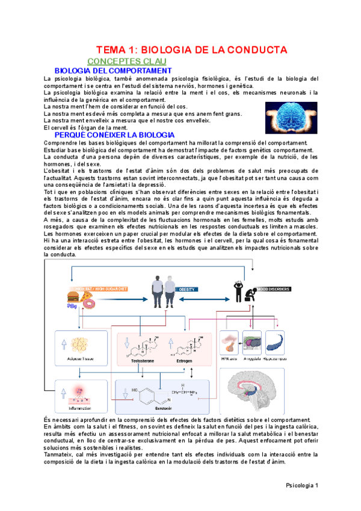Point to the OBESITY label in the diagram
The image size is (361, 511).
[188, 289]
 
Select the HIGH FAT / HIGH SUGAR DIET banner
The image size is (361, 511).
[96, 289]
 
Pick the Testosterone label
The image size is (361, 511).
[143, 360]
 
